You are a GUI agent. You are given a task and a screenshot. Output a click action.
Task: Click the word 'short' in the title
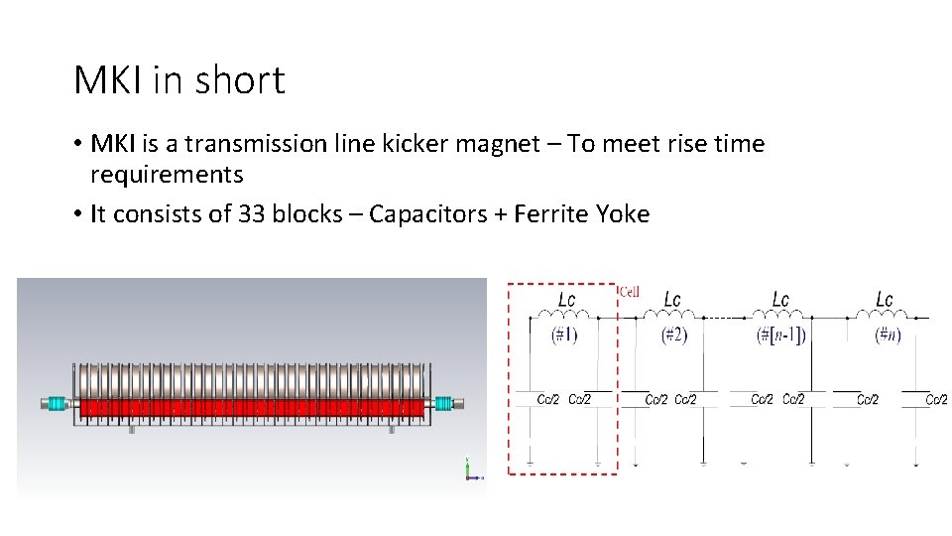coord(241,80)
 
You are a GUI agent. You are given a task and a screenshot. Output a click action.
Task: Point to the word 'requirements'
coord(167,175)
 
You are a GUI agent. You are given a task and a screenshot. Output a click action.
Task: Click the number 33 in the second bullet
coord(252,213)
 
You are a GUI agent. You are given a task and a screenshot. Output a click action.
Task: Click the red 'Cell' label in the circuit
coord(629,292)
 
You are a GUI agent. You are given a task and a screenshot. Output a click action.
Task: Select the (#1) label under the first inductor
coord(565,335)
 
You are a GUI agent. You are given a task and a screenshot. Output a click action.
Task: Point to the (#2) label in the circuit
coord(673,335)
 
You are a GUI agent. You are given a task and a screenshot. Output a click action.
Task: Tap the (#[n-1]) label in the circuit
coord(780,335)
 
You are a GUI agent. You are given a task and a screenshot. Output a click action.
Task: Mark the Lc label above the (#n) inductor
coord(885,299)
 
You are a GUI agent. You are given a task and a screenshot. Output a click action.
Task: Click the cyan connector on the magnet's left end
coord(59,404)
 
